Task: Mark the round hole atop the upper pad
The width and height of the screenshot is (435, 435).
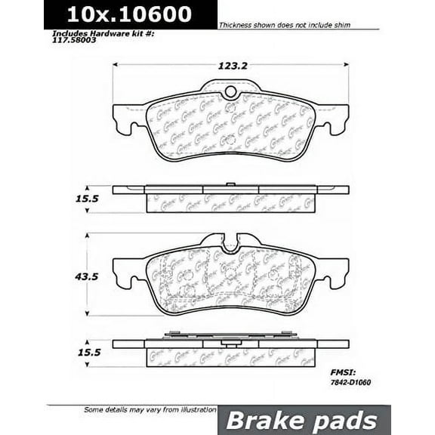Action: coord(231,94)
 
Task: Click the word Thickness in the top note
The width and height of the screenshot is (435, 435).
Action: coord(236,26)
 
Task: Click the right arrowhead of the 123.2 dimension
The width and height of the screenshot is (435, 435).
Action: coord(346,66)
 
